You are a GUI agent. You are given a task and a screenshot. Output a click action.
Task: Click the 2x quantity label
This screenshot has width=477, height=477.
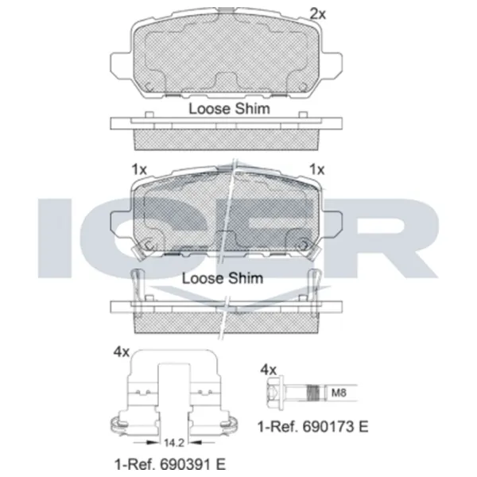click(x=317, y=14)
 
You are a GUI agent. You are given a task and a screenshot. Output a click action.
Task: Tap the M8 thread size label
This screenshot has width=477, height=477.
click(x=339, y=393)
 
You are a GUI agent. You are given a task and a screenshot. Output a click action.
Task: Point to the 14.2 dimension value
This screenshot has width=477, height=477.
click(x=174, y=443)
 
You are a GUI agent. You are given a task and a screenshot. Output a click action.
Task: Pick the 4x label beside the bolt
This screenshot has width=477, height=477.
click(x=269, y=370)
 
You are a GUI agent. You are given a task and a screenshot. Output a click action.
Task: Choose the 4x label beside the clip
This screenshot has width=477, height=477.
click(x=122, y=352)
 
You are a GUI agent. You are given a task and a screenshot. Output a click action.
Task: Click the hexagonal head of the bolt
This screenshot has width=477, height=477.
click(x=276, y=392)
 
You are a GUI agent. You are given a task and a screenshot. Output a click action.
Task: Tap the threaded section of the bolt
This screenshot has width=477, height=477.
click(x=314, y=393)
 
